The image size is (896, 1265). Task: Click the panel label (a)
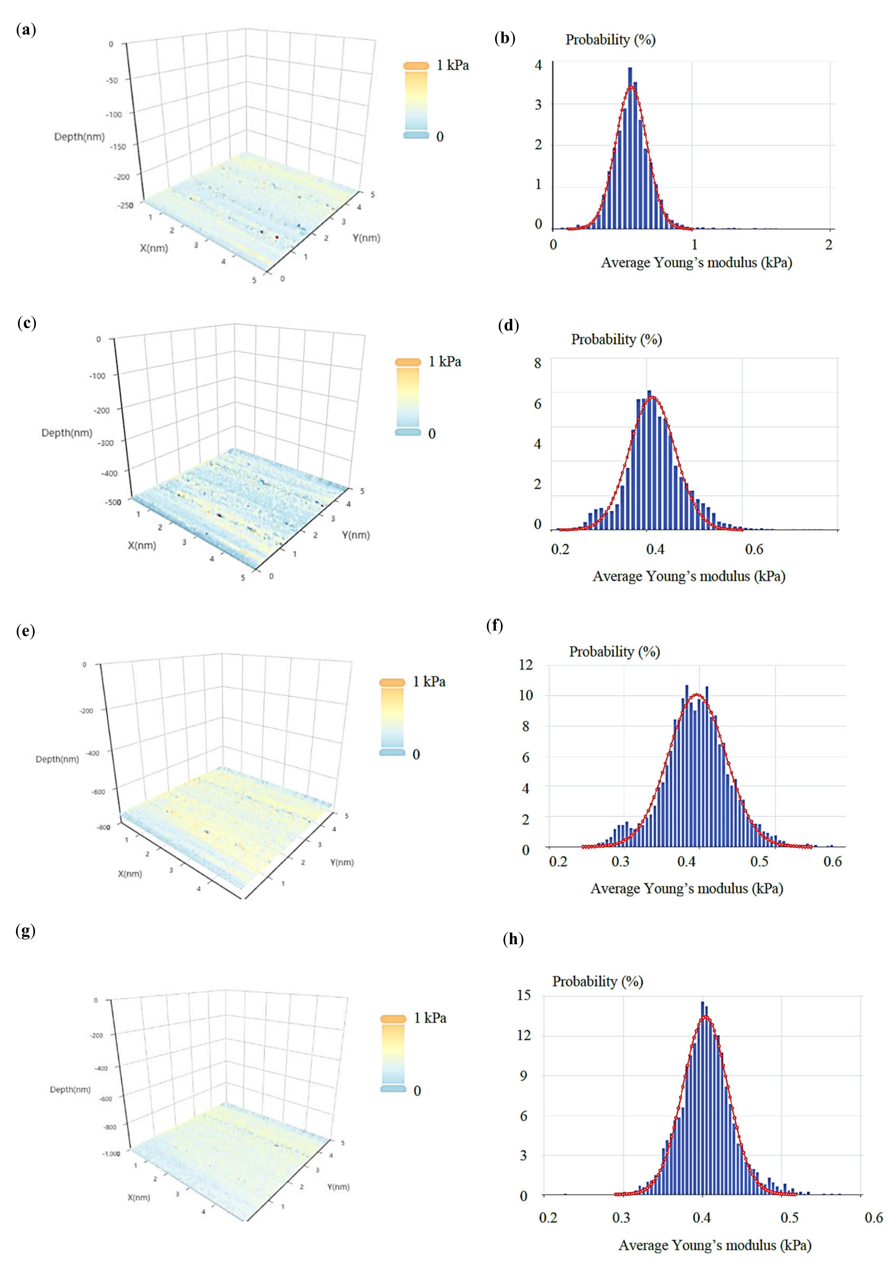point(26,30)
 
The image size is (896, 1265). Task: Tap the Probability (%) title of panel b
point(610,40)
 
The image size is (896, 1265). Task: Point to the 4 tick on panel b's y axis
point(538,65)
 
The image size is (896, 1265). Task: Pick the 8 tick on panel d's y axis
point(538,363)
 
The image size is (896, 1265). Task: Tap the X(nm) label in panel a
point(154,248)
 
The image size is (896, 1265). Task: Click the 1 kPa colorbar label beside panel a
point(452,65)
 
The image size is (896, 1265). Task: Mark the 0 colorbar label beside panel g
point(417,1091)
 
